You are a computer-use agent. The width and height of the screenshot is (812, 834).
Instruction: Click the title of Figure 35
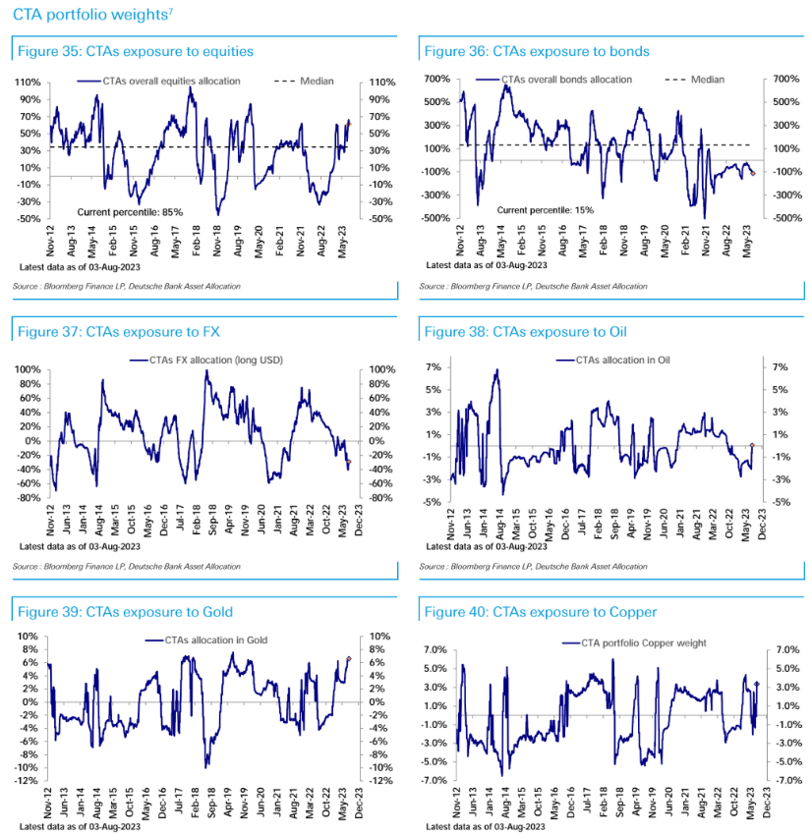click(136, 51)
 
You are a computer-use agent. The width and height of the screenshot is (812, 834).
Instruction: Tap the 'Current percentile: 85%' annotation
click(130, 211)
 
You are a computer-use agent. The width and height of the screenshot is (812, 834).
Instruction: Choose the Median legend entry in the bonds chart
click(707, 80)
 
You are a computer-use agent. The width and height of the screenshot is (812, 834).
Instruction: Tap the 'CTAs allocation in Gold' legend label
click(206, 640)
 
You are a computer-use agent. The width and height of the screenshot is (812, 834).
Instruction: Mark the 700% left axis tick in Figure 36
click(435, 79)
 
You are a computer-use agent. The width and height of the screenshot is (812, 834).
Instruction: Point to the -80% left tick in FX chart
click(28, 497)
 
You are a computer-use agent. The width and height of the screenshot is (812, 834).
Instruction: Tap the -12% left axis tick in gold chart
click(26, 781)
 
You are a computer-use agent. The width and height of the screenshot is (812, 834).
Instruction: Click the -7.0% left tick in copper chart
click(433, 781)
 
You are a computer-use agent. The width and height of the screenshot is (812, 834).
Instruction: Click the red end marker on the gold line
click(349, 659)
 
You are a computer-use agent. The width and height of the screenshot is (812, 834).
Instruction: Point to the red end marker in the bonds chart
click(753, 173)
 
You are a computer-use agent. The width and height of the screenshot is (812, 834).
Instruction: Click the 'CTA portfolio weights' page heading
click(92, 15)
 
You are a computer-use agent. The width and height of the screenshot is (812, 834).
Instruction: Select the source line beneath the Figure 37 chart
click(128, 567)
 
